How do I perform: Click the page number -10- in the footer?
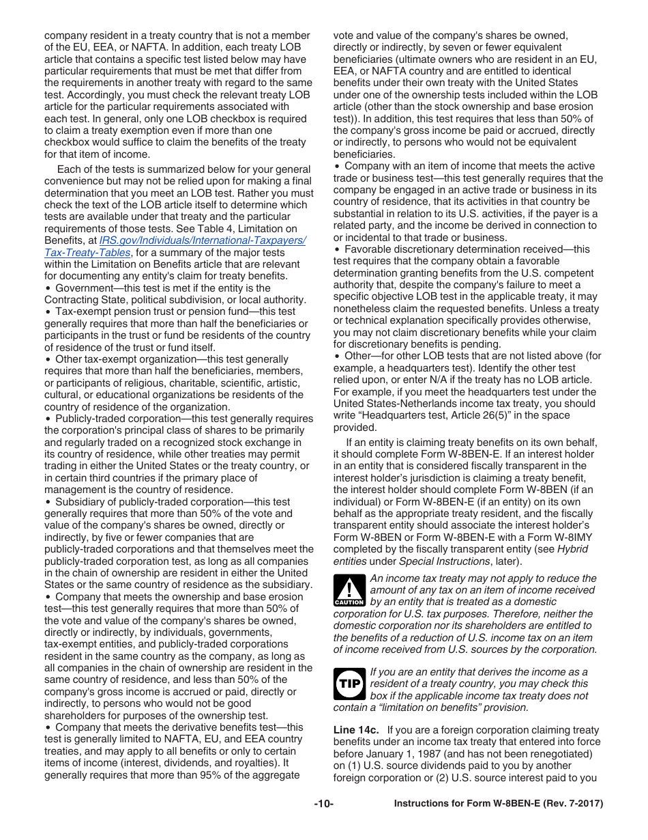323,804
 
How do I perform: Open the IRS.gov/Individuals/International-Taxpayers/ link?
203,240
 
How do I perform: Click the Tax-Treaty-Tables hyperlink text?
87,252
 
